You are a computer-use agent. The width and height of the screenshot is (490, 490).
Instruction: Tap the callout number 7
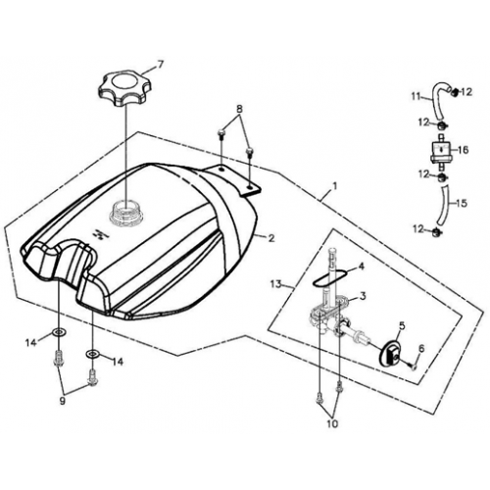point(162,64)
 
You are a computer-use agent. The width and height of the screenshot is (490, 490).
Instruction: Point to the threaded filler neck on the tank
point(126,210)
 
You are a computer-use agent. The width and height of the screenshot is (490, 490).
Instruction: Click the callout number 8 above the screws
point(237,108)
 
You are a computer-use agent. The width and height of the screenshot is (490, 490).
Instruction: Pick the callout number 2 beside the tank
point(271,238)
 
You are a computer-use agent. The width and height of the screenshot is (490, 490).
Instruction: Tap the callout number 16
point(465,152)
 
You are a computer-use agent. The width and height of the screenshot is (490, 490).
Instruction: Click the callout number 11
point(416,97)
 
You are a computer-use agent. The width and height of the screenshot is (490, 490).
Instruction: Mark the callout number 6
point(421,349)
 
